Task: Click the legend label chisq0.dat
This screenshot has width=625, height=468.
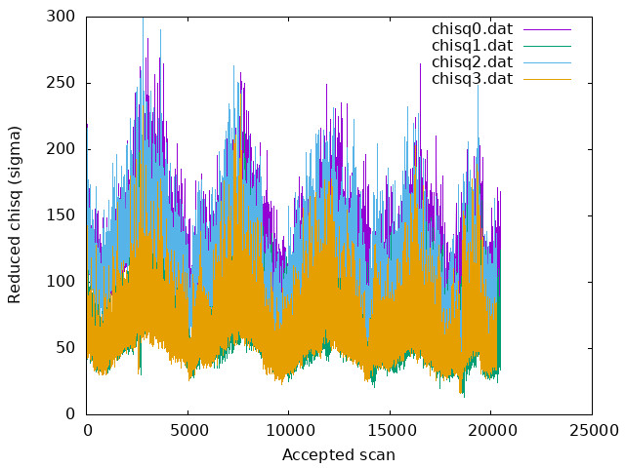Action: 473,29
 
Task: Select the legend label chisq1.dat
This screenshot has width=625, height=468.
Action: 473,46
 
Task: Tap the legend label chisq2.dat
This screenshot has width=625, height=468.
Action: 473,62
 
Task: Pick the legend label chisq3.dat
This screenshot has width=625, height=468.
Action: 473,79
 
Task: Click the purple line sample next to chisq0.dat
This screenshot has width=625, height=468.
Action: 547,29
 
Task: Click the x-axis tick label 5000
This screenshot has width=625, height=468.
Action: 187,429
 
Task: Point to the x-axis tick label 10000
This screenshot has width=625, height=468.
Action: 289,429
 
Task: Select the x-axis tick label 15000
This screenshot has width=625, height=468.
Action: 390,429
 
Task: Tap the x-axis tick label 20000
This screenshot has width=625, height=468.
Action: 491,429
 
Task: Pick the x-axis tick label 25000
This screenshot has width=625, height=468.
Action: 592,429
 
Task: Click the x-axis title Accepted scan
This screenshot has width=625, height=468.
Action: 339,454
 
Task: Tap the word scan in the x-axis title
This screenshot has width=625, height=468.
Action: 377,454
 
